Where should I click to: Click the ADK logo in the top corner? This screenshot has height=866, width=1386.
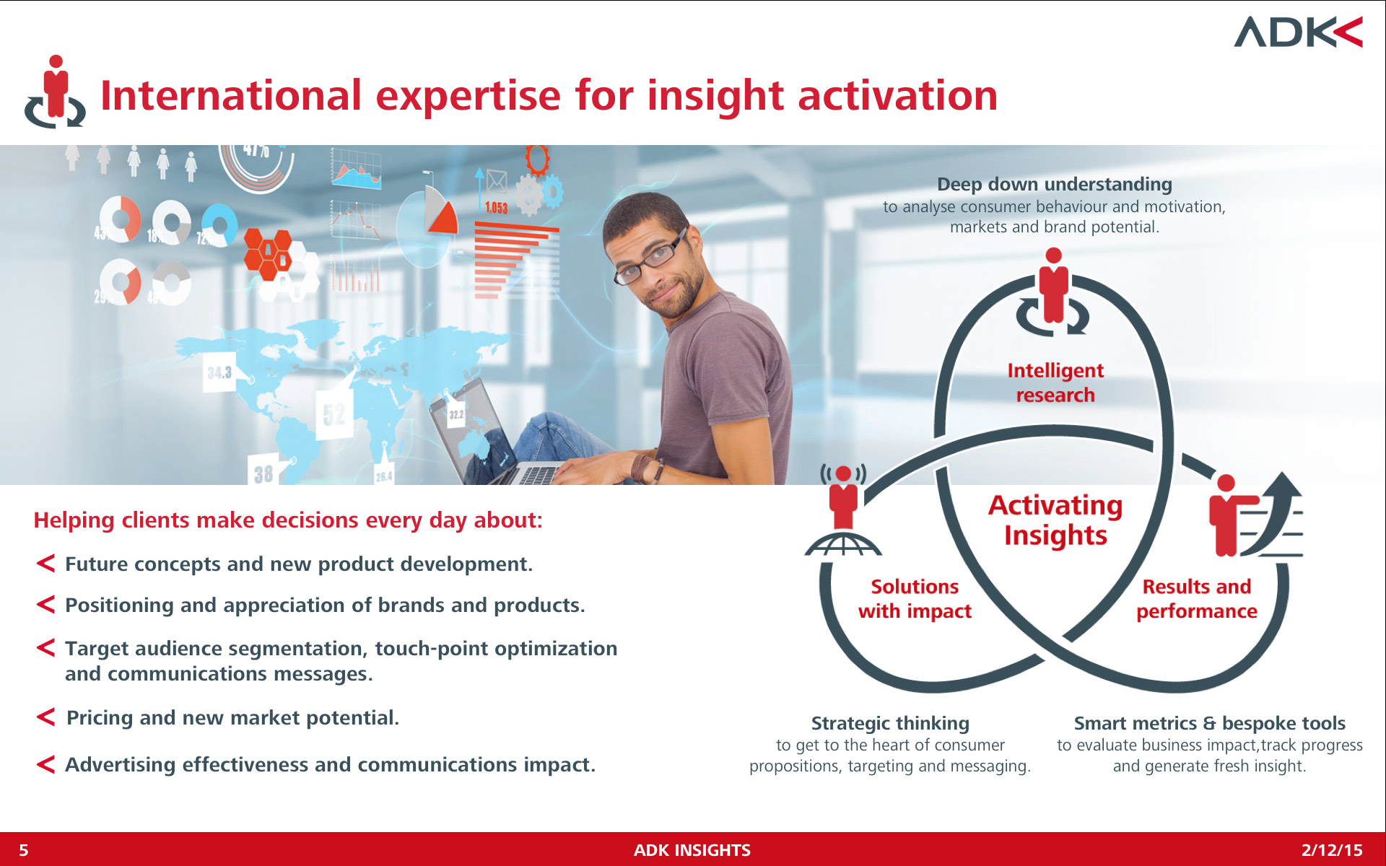[1298, 32]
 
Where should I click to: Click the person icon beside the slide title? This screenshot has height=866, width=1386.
[55, 92]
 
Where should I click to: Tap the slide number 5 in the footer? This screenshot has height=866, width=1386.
[24, 850]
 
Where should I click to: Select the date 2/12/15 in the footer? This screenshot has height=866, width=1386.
[1332, 850]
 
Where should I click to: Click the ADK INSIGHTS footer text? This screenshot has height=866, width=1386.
[692, 850]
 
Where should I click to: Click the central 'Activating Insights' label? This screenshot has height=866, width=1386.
[1055, 520]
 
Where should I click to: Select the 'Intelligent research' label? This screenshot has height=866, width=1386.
[1055, 382]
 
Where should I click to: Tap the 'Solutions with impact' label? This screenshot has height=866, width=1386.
[915, 599]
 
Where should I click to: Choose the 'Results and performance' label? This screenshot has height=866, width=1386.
[1196, 599]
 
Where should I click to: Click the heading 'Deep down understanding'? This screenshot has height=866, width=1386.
[1054, 185]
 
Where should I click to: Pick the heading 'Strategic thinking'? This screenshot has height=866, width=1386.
[890, 723]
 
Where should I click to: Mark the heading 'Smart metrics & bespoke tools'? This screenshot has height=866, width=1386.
[1209, 723]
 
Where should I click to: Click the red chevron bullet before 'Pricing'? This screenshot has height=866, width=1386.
[45, 717]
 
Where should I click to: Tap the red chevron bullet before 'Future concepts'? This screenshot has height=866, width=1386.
[45, 563]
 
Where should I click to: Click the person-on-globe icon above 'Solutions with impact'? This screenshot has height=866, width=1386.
[843, 510]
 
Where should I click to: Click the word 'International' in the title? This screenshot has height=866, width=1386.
[230, 95]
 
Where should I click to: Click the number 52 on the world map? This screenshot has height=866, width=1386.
[334, 415]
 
